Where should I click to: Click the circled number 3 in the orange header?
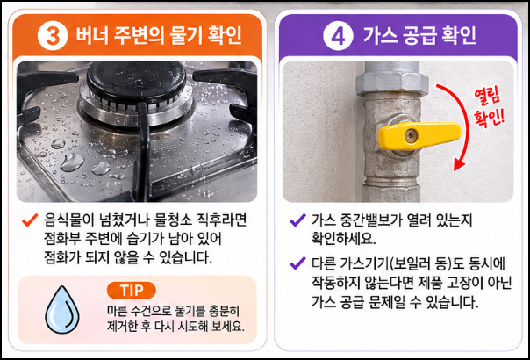[x=53, y=35]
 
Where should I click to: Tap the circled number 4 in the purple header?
[x=338, y=35]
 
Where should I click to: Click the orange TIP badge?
[x=131, y=291]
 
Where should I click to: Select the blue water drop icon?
[x=62, y=310]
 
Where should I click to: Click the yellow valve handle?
[x=419, y=136]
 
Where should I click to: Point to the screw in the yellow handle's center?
[x=411, y=136]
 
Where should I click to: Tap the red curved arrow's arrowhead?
[x=459, y=165]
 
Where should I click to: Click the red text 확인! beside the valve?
[x=490, y=119]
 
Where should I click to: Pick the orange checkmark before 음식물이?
[x=30, y=220]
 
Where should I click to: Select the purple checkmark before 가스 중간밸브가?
[x=297, y=220]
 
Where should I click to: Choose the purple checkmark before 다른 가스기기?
[x=297, y=263]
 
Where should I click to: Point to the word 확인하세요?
[x=343, y=239]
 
